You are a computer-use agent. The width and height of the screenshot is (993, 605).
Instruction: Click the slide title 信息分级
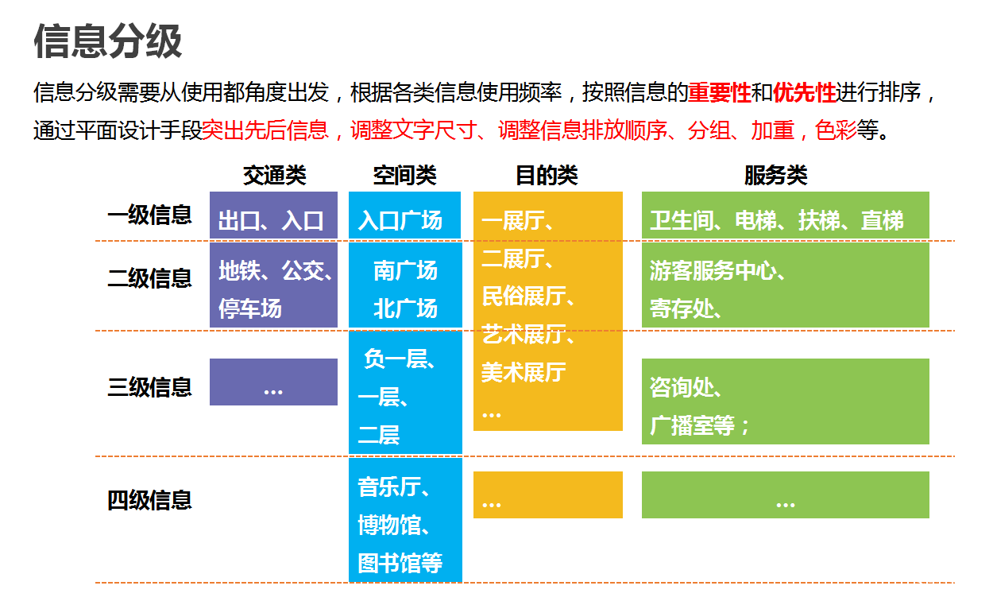click(108, 41)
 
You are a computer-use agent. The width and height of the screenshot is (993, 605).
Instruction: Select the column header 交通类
click(274, 175)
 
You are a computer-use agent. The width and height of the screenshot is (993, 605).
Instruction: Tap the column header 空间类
click(404, 175)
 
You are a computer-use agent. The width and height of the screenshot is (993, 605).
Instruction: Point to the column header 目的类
click(547, 175)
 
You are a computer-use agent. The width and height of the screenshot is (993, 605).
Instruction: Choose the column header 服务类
click(776, 175)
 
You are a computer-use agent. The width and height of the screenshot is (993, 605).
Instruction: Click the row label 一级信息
click(150, 215)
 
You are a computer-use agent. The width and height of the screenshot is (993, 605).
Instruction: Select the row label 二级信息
click(150, 278)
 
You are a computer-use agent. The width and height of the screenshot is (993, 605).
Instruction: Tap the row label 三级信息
click(150, 387)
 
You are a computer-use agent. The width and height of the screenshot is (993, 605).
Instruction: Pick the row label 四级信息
click(150, 500)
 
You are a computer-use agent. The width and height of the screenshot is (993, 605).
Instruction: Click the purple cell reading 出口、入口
click(273, 215)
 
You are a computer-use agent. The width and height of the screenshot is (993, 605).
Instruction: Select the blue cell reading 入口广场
click(404, 215)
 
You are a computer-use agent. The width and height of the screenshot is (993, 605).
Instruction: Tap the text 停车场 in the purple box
click(250, 308)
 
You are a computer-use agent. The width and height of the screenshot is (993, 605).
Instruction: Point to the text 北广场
click(406, 308)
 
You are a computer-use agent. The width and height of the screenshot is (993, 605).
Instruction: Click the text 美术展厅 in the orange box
click(524, 373)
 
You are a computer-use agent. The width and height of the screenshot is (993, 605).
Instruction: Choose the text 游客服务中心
click(713, 270)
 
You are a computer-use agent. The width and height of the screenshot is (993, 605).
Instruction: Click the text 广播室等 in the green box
click(693, 426)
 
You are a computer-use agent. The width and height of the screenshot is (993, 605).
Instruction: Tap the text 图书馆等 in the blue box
click(400, 564)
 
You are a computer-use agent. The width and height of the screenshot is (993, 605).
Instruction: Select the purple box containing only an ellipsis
click(273, 382)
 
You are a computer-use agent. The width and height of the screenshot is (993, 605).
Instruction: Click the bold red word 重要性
click(720, 93)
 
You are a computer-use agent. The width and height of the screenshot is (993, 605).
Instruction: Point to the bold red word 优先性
click(804, 93)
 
